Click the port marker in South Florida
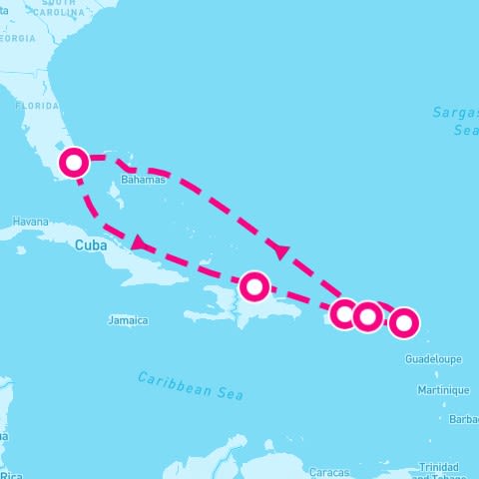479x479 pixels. point(75,163)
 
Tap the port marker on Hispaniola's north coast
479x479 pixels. point(255,287)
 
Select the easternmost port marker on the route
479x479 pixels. point(403,322)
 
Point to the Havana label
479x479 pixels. point(30,222)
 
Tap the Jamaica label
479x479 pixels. point(128,320)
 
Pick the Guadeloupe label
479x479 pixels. point(434,358)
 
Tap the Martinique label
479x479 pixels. point(444,389)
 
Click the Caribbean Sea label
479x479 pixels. point(191,384)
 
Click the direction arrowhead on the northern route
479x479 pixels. point(278,247)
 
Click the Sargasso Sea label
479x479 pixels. point(456,121)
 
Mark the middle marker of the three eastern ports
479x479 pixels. point(367,316)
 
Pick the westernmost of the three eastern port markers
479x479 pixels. point(344,314)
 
